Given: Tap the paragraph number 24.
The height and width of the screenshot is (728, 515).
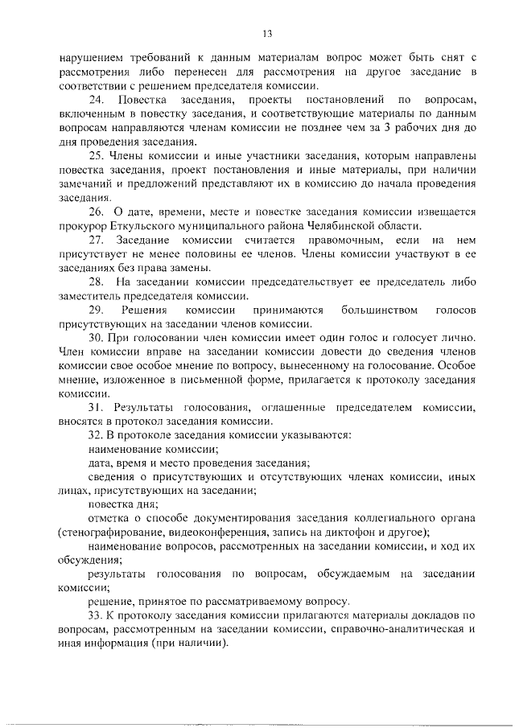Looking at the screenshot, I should pos(96,100).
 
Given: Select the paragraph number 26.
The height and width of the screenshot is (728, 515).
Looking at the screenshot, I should pos(96,212).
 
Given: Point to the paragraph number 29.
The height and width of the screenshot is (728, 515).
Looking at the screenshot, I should pos(96,310).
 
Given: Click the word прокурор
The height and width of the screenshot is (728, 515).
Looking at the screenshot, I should pos(83,226).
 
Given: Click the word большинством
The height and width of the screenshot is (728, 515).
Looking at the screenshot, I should pos(379,310).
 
